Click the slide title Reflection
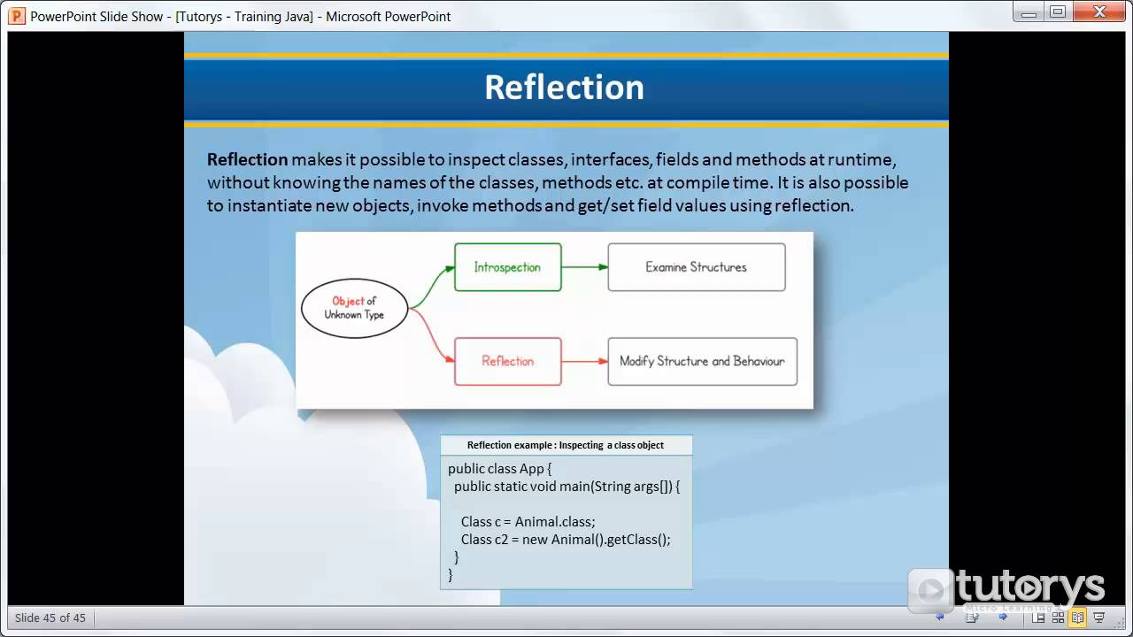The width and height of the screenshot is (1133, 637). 564,87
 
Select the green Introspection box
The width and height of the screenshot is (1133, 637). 507,267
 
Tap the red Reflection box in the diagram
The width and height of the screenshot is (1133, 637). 507,361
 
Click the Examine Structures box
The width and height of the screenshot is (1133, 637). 696,267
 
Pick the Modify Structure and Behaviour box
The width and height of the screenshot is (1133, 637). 702,361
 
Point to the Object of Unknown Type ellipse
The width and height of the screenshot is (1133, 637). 354,308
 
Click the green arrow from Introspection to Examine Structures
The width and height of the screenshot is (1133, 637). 584,267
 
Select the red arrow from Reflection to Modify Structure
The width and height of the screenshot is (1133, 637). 584,361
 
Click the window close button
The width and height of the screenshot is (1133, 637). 1099,12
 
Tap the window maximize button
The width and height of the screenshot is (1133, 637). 1058,12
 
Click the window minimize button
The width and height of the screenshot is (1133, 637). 1028,12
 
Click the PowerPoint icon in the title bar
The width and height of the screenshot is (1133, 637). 17,16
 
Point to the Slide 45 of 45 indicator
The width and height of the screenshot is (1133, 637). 50,618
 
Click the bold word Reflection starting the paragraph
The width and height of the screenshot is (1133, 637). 247,159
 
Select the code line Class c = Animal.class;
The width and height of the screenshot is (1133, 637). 528,521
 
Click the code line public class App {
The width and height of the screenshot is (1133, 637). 499,469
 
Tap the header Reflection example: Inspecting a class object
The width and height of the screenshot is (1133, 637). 566,445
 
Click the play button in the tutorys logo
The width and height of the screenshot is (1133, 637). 929,589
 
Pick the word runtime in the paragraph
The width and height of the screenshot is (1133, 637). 863,159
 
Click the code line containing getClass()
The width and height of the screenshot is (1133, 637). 566,539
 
